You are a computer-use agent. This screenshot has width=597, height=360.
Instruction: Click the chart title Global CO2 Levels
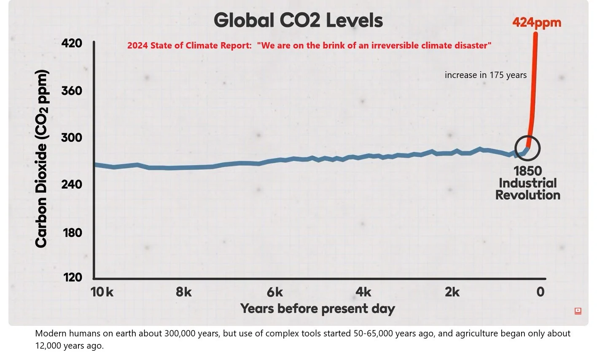[x=298, y=20]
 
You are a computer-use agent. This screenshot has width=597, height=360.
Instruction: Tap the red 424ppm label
[x=536, y=22]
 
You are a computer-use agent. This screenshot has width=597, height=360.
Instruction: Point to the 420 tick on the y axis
[x=72, y=43]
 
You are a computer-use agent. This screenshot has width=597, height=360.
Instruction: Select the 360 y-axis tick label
[x=72, y=91]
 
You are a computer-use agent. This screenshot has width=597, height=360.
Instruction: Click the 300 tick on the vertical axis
[x=72, y=138]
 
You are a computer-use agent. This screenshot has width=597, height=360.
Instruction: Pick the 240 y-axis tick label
[x=72, y=185]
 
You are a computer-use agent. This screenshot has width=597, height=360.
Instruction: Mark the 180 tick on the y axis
[x=72, y=232]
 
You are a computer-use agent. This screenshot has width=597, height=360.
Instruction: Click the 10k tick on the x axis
[x=102, y=292]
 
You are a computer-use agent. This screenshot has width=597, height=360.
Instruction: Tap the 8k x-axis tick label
[x=184, y=292]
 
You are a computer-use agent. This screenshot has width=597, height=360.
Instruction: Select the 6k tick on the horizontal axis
[x=275, y=292]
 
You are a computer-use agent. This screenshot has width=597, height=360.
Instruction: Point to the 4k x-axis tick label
[x=363, y=292]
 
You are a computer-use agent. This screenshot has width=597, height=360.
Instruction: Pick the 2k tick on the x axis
[x=452, y=292]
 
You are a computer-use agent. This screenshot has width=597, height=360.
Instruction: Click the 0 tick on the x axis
[x=541, y=292]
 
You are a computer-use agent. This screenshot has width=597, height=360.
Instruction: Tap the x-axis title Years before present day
[x=317, y=309]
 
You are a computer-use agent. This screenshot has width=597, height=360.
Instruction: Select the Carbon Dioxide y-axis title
[x=41, y=159]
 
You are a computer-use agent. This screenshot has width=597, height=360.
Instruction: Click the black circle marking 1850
[x=527, y=148]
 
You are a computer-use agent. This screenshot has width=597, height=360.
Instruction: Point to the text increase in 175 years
[x=486, y=75]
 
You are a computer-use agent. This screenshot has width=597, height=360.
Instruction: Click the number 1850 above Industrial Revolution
[x=527, y=171]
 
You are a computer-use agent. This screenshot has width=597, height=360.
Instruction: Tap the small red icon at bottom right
[x=578, y=311]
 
